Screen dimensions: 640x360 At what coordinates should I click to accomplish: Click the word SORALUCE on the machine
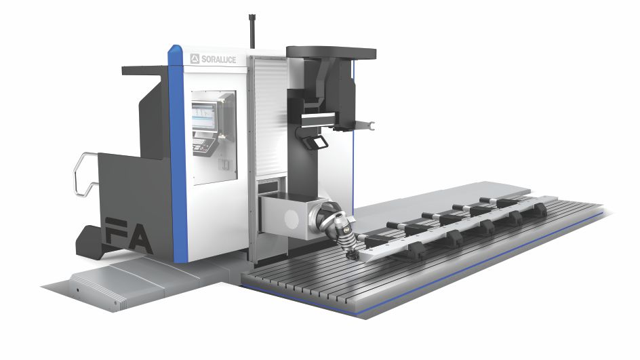coord(218,60)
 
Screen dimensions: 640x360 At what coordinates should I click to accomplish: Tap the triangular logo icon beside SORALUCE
coord(195,59)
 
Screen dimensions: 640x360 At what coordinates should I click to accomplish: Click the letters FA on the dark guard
coord(128,235)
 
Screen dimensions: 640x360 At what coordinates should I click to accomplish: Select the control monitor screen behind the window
coord(204,117)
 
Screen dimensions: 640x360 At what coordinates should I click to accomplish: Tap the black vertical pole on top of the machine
coord(252,31)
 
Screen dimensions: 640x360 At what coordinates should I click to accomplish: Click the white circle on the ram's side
coord(292,220)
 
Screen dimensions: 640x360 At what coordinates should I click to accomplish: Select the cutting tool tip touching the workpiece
coord(351,256)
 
